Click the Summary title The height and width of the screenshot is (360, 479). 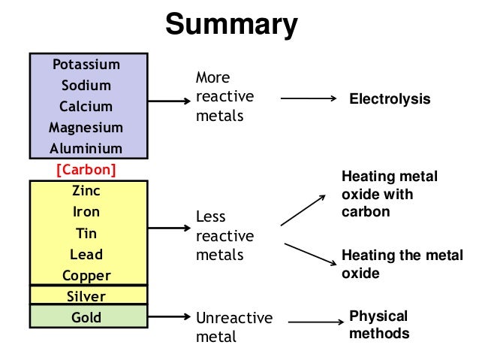(x=231, y=25)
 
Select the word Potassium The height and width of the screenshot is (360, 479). (x=86, y=65)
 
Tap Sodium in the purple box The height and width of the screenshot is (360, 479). (x=86, y=86)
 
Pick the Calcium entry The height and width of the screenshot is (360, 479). (x=86, y=107)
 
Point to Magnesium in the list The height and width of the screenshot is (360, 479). (x=86, y=128)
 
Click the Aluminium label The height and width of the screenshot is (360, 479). (x=86, y=149)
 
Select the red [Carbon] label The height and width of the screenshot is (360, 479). (x=86, y=170)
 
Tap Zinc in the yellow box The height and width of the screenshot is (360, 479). (x=86, y=191)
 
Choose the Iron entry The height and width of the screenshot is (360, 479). (x=86, y=212)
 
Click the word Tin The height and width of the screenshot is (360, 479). (x=86, y=233)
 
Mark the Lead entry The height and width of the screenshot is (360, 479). (x=86, y=254)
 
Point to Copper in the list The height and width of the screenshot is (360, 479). (x=86, y=275)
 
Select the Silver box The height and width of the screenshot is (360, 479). (x=86, y=296)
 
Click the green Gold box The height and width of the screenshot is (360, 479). (x=86, y=317)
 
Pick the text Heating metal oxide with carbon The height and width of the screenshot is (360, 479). (x=389, y=194)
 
